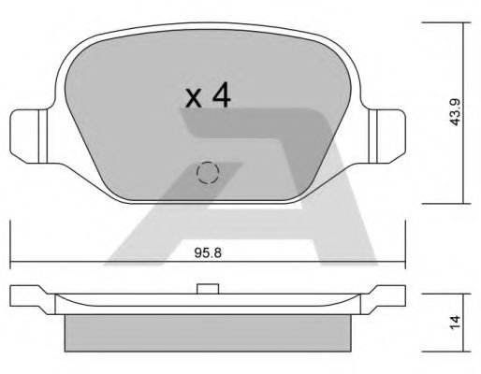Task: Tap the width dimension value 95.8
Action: click(207, 251)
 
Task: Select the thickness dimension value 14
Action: click(455, 320)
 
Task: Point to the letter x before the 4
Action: click(193, 99)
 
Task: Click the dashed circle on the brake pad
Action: click(207, 173)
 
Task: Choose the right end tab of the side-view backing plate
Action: click(388, 297)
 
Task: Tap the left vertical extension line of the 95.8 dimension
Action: click(9, 243)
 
